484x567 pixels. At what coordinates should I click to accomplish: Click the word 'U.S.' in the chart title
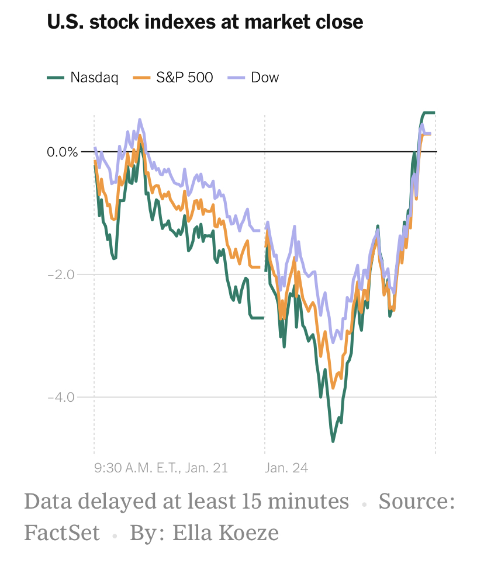65,22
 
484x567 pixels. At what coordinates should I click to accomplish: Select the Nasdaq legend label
94,77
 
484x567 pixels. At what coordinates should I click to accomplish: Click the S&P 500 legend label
185,77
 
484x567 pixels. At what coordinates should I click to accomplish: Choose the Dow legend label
265,77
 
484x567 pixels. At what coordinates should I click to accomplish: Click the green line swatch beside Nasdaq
55,77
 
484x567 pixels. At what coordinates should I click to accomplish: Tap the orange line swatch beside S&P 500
142,77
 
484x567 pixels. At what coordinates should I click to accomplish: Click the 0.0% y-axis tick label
63,152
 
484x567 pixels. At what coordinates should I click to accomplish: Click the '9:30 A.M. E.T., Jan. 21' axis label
161,468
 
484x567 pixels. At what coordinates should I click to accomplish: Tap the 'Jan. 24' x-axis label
286,468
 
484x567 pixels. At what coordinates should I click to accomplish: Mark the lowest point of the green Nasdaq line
333,441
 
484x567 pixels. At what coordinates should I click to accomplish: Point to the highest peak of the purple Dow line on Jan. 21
140,120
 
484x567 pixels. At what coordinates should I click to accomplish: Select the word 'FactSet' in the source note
62,533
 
